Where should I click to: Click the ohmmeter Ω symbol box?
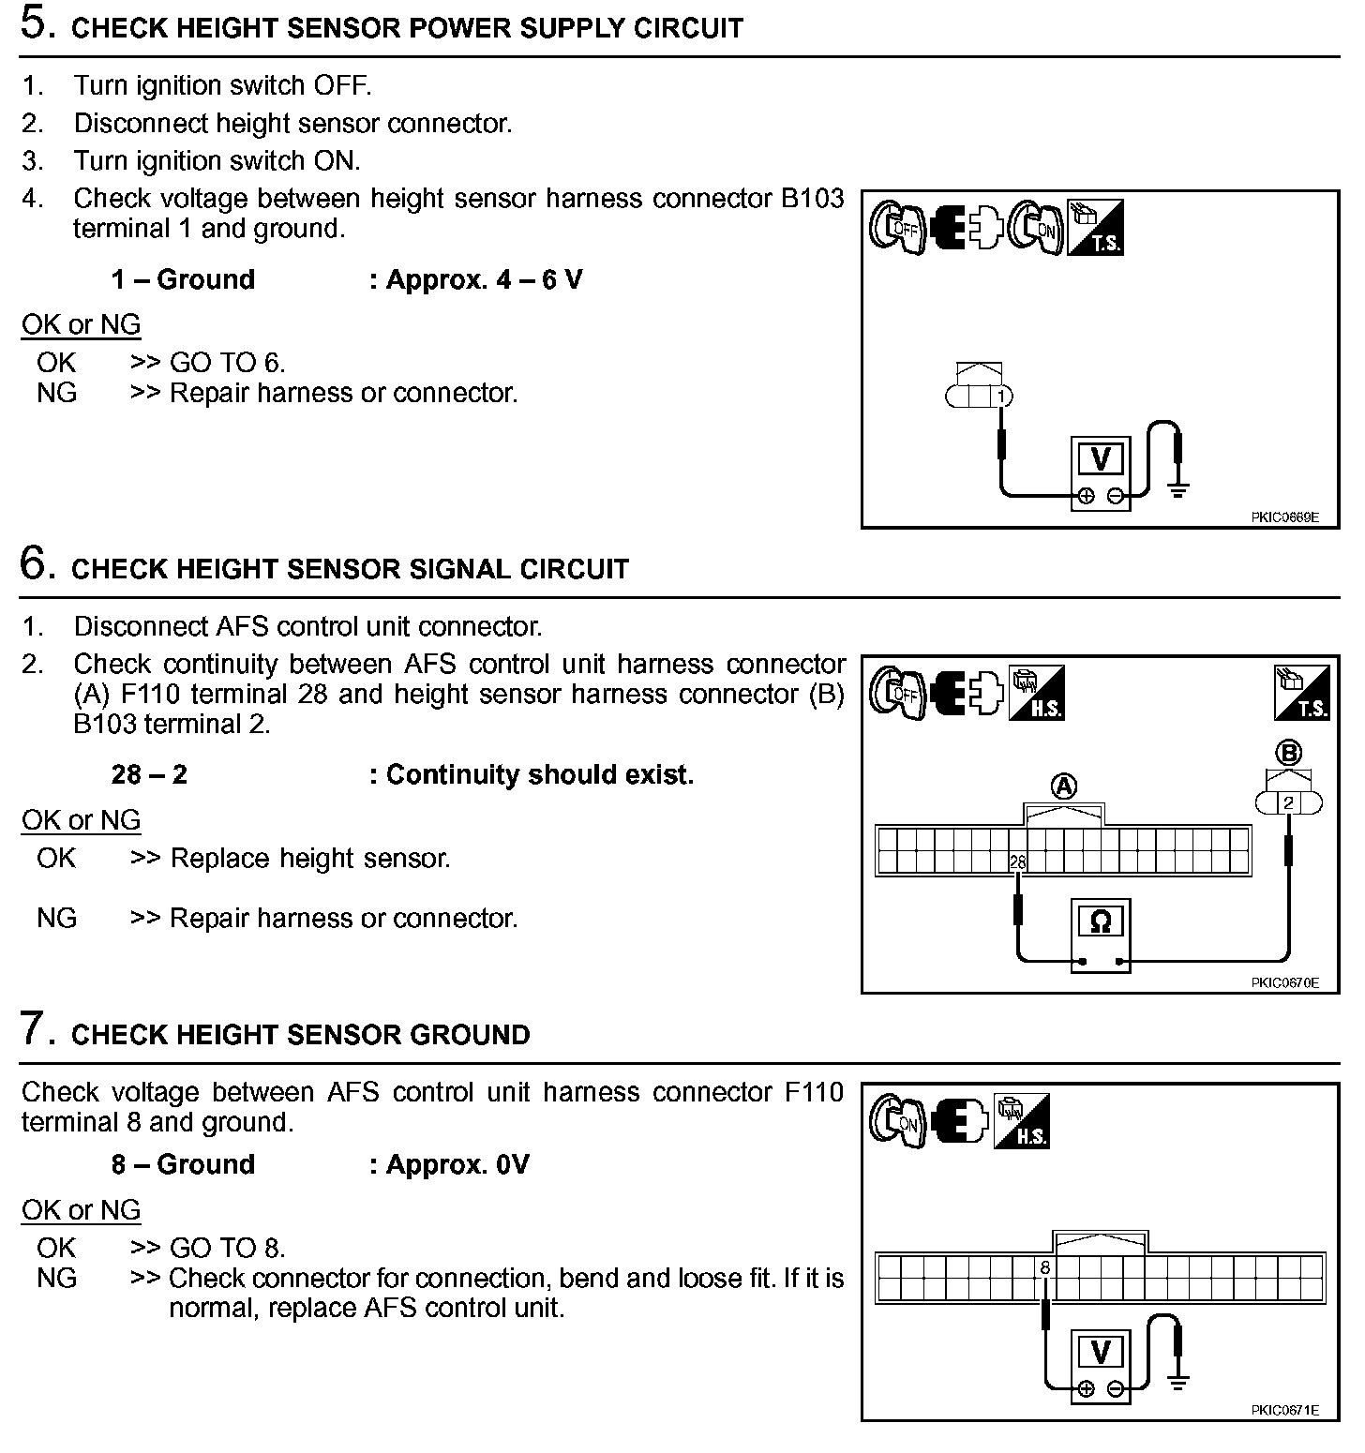(x=1101, y=922)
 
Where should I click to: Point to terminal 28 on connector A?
(x=1017, y=861)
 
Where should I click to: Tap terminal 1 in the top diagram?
(x=1001, y=397)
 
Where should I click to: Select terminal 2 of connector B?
(x=1289, y=803)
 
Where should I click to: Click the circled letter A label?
(x=1064, y=786)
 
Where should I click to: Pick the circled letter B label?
(x=1289, y=753)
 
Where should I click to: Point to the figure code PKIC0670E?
(x=1283, y=982)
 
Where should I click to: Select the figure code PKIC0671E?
(x=1283, y=1410)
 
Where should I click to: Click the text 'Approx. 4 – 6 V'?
(x=484, y=279)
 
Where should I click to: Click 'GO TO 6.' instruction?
(x=227, y=363)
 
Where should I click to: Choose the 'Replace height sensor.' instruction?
(x=309, y=858)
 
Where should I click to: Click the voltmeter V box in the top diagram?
(x=1101, y=459)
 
